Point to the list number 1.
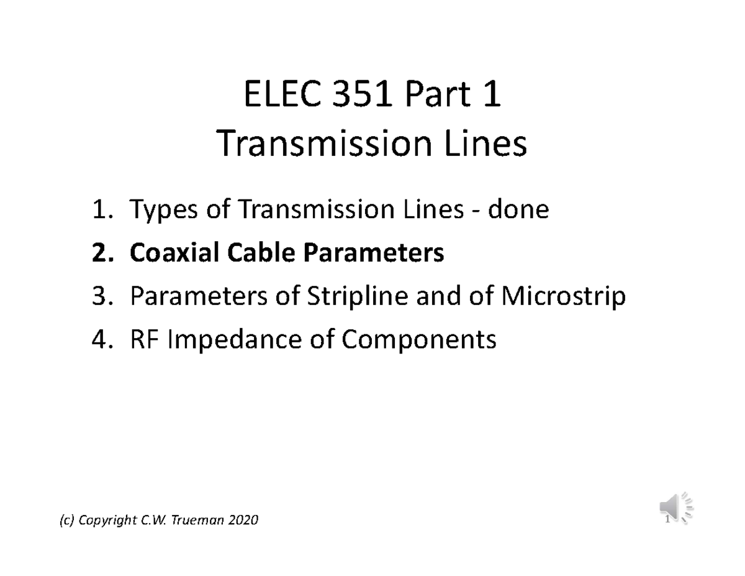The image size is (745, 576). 100,211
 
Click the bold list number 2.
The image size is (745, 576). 100,254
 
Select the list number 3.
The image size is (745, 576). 100,296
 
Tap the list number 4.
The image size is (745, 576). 100,339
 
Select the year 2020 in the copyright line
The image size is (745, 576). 243,520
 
